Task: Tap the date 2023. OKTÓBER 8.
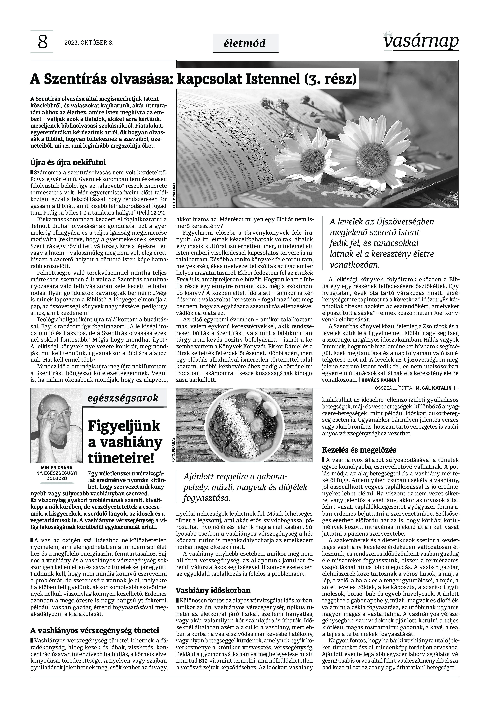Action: point(89,43)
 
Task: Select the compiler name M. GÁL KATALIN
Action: point(434,388)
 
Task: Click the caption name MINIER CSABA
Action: point(57,468)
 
